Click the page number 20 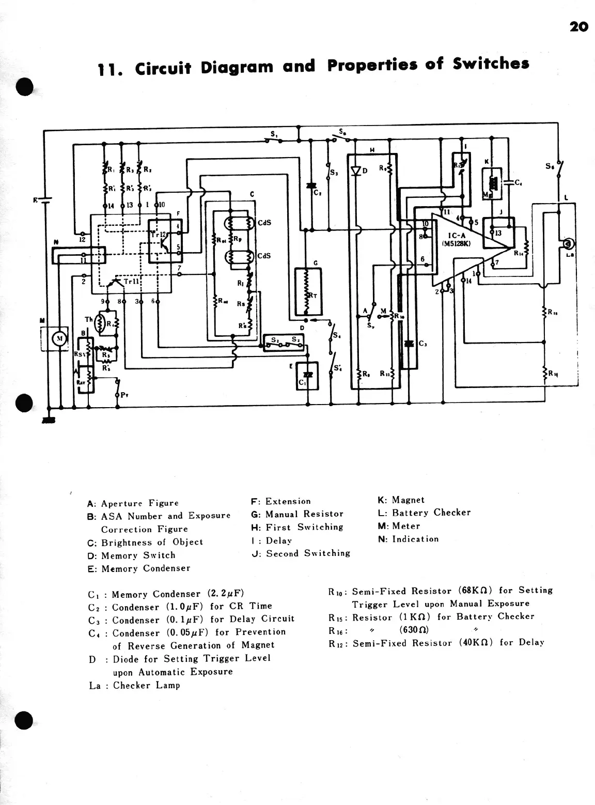pos(579,26)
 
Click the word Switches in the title pos(491,64)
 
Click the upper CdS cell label pos(264,223)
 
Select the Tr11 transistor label pos(131,282)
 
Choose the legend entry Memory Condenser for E pos(146,568)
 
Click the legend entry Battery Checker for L pos(431,513)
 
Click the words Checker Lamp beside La pos(147,685)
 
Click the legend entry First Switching pos(304,527)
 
